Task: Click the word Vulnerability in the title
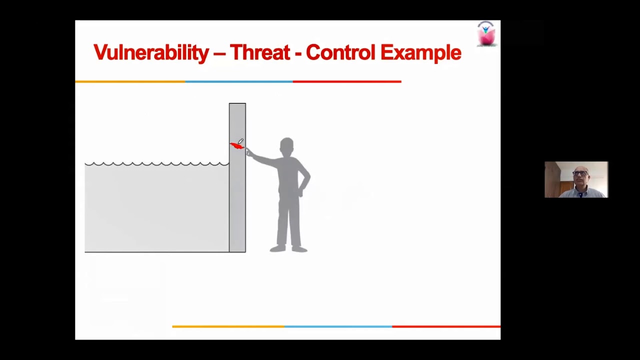(x=151, y=52)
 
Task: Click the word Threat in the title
(x=259, y=52)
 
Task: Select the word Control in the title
(x=340, y=52)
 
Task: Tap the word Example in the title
(x=420, y=52)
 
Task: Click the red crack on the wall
(x=236, y=146)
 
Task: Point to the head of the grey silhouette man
(x=286, y=147)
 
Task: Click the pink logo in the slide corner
(x=486, y=34)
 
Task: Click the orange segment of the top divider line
(x=130, y=81)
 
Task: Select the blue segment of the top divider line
(x=239, y=81)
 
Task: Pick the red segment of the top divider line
(x=347, y=81)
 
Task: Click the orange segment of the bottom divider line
(x=228, y=326)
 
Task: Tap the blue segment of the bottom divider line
(x=338, y=326)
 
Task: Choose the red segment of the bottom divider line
(x=446, y=326)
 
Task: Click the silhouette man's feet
(x=288, y=248)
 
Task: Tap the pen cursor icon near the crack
(x=241, y=141)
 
